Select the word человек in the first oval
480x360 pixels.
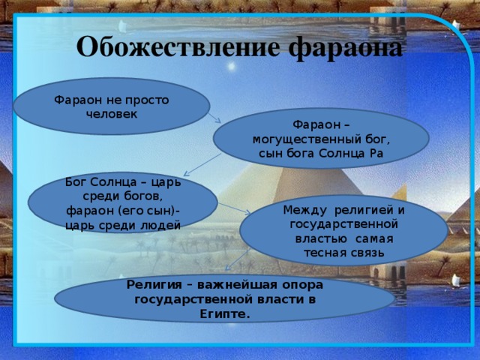[112, 114]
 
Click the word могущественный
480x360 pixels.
[320, 139]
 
